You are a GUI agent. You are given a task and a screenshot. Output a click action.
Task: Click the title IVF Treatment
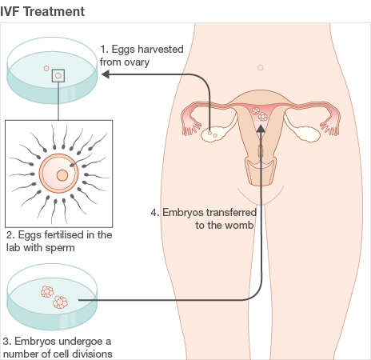pyautogui.click(x=42, y=11)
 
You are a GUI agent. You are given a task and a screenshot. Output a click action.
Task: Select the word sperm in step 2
pyautogui.click(x=60, y=248)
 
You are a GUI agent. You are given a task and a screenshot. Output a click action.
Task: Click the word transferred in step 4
pyautogui.click(x=231, y=212)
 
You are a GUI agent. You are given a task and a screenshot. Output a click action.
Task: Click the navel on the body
pyautogui.click(x=261, y=67)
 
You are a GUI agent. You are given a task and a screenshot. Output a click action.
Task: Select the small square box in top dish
pyautogui.click(x=58, y=76)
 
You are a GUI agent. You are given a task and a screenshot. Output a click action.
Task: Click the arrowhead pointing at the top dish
pyautogui.click(x=106, y=74)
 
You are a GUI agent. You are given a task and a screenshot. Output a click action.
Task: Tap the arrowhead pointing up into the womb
pyautogui.click(x=261, y=129)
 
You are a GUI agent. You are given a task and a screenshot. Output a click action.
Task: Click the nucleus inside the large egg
pyautogui.click(x=62, y=175)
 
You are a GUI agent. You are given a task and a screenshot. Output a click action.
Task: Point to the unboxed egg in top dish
pyautogui.click(x=46, y=69)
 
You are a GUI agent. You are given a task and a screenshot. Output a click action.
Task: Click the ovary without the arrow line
pyautogui.click(x=307, y=134)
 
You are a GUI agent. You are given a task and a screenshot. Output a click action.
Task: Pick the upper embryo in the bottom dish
pyautogui.click(x=47, y=291)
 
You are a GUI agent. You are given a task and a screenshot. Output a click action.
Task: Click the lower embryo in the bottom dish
pyautogui.click(x=60, y=302)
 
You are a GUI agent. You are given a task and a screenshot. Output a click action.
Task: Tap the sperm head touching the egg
pyautogui.click(x=72, y=166)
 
